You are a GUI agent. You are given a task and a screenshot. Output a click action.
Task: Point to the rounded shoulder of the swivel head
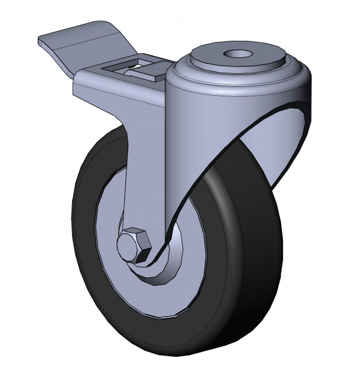(236, 80)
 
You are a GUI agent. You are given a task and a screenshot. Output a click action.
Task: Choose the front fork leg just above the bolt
(142, 189)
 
